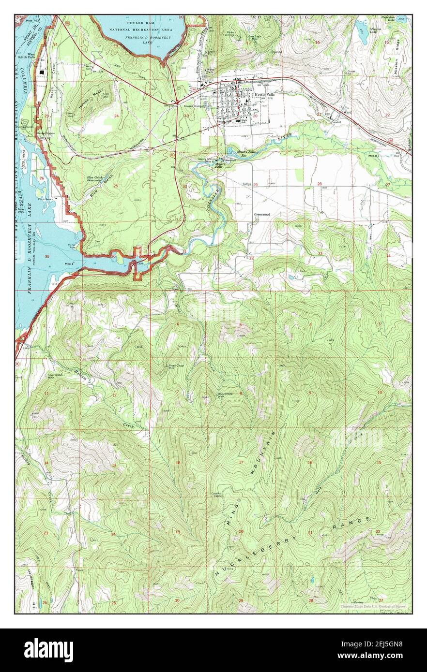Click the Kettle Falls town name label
coord(264,95)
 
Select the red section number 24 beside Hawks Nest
coord(116,116)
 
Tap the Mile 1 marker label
coord(69,263)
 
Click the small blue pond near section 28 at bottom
coord(313,579)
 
